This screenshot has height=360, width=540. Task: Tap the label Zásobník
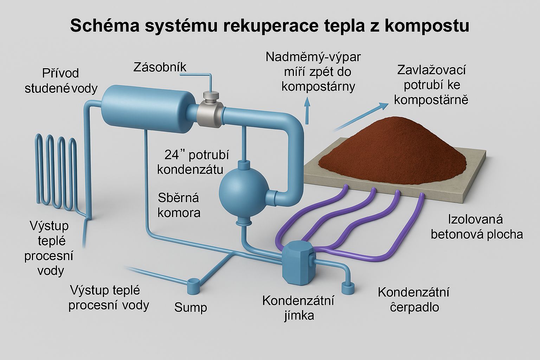point(160,67)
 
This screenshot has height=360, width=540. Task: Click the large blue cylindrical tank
point(148,105)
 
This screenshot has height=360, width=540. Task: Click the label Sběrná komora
point(179,205)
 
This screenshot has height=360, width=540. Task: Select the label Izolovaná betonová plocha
point(476,227)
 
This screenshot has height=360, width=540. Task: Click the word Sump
point(191,308)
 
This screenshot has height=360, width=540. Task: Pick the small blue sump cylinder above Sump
point(193,286)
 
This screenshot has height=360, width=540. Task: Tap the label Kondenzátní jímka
point(298,308)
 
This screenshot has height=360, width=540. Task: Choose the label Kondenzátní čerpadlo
point(414,300)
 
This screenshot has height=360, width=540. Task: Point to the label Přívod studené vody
point(60,81)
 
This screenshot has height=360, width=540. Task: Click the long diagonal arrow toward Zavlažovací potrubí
point(359,117)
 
